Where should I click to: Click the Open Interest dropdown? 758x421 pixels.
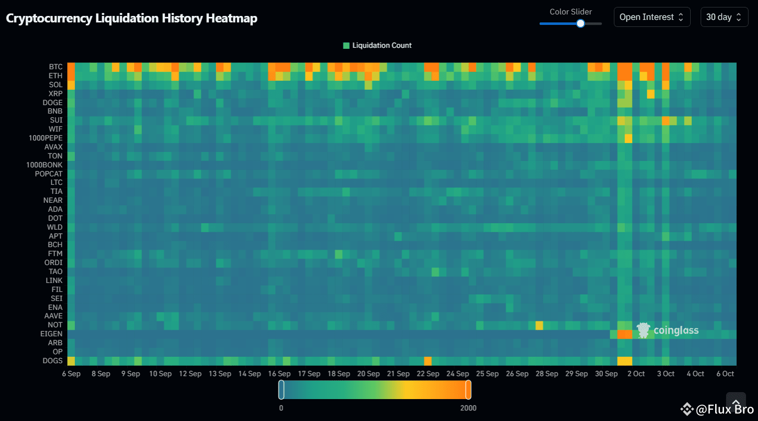pyautogui.click(x=652, y=17)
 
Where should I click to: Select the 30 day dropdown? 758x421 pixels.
pyautogui.click(x=724, y=17)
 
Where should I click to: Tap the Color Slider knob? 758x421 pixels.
pyautogui.click(x=580, y=23)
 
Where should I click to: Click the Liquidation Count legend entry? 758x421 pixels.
pyautogui.click(x=378, y=45)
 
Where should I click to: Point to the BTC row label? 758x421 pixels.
pyautogui.click(x=55, y=67)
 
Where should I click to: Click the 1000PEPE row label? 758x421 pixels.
pyautogui.click(x=45, y=138)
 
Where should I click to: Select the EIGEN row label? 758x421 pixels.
pyautogui.click(x=51, y=334)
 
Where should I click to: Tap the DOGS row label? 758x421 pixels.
pyautogui.click(x=52, y=361)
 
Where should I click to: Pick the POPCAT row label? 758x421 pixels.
pyautogui.click(x=48, y=174)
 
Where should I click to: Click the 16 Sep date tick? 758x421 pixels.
pyautogui.click(x=279, y=374)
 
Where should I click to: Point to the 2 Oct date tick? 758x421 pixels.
pyautogui.click(x=636, y=374)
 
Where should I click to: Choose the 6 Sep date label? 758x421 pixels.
pyautogui.click(x=71, y=374)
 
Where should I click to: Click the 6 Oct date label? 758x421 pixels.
pyautogui.click(x=725, y=374)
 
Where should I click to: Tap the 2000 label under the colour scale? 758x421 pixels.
pyautogui.click(x=468, y=408)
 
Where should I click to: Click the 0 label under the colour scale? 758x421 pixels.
pyautogui.click(x=281, y=408)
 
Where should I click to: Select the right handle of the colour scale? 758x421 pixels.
pyautogui.click(x=468, y=390)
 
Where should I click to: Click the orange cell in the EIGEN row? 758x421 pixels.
pyautogui.click(x=624, y=334)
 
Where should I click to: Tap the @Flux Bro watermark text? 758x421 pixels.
pyautogui.click(x=724, y=410)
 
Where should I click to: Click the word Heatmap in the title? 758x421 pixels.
pyautogui.click(x=231, y=18)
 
